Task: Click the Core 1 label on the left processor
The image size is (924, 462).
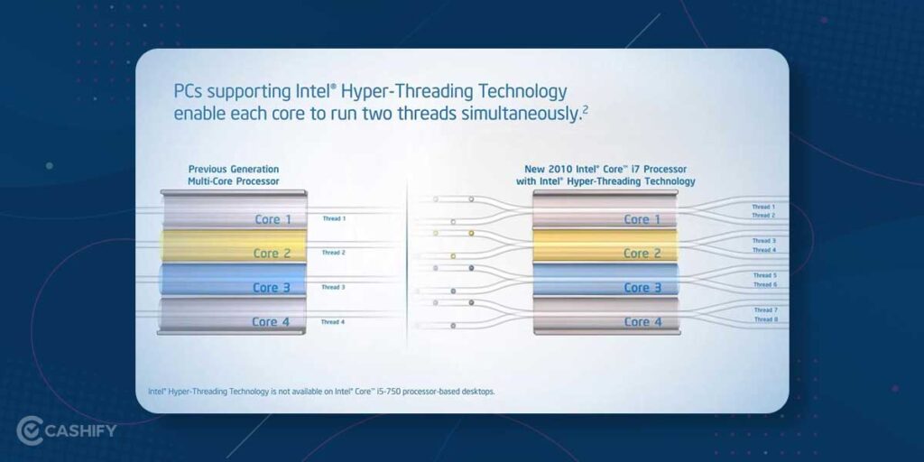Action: click(273, 219)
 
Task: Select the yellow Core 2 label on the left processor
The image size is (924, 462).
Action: click(273, 254)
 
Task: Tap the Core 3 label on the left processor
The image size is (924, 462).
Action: click(273, 288)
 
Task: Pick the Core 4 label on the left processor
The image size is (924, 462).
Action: click(272, 322)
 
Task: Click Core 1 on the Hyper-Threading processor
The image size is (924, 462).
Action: click(642, 219)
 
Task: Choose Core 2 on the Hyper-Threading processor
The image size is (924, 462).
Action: click(642, 254)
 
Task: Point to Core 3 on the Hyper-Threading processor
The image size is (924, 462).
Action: click(642, 288)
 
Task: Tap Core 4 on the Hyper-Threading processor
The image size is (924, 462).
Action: click(642, 322)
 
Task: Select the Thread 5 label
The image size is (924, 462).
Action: click(764, 275)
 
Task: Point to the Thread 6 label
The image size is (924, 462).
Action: click(764, 285)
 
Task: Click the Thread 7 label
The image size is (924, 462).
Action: click(764, 310)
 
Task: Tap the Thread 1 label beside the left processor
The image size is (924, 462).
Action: click(333, 218)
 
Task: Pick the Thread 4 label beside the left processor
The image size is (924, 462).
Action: click(333, 322)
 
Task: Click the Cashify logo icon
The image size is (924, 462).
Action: click(30, 430)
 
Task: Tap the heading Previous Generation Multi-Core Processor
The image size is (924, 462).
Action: click(234, 175)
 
